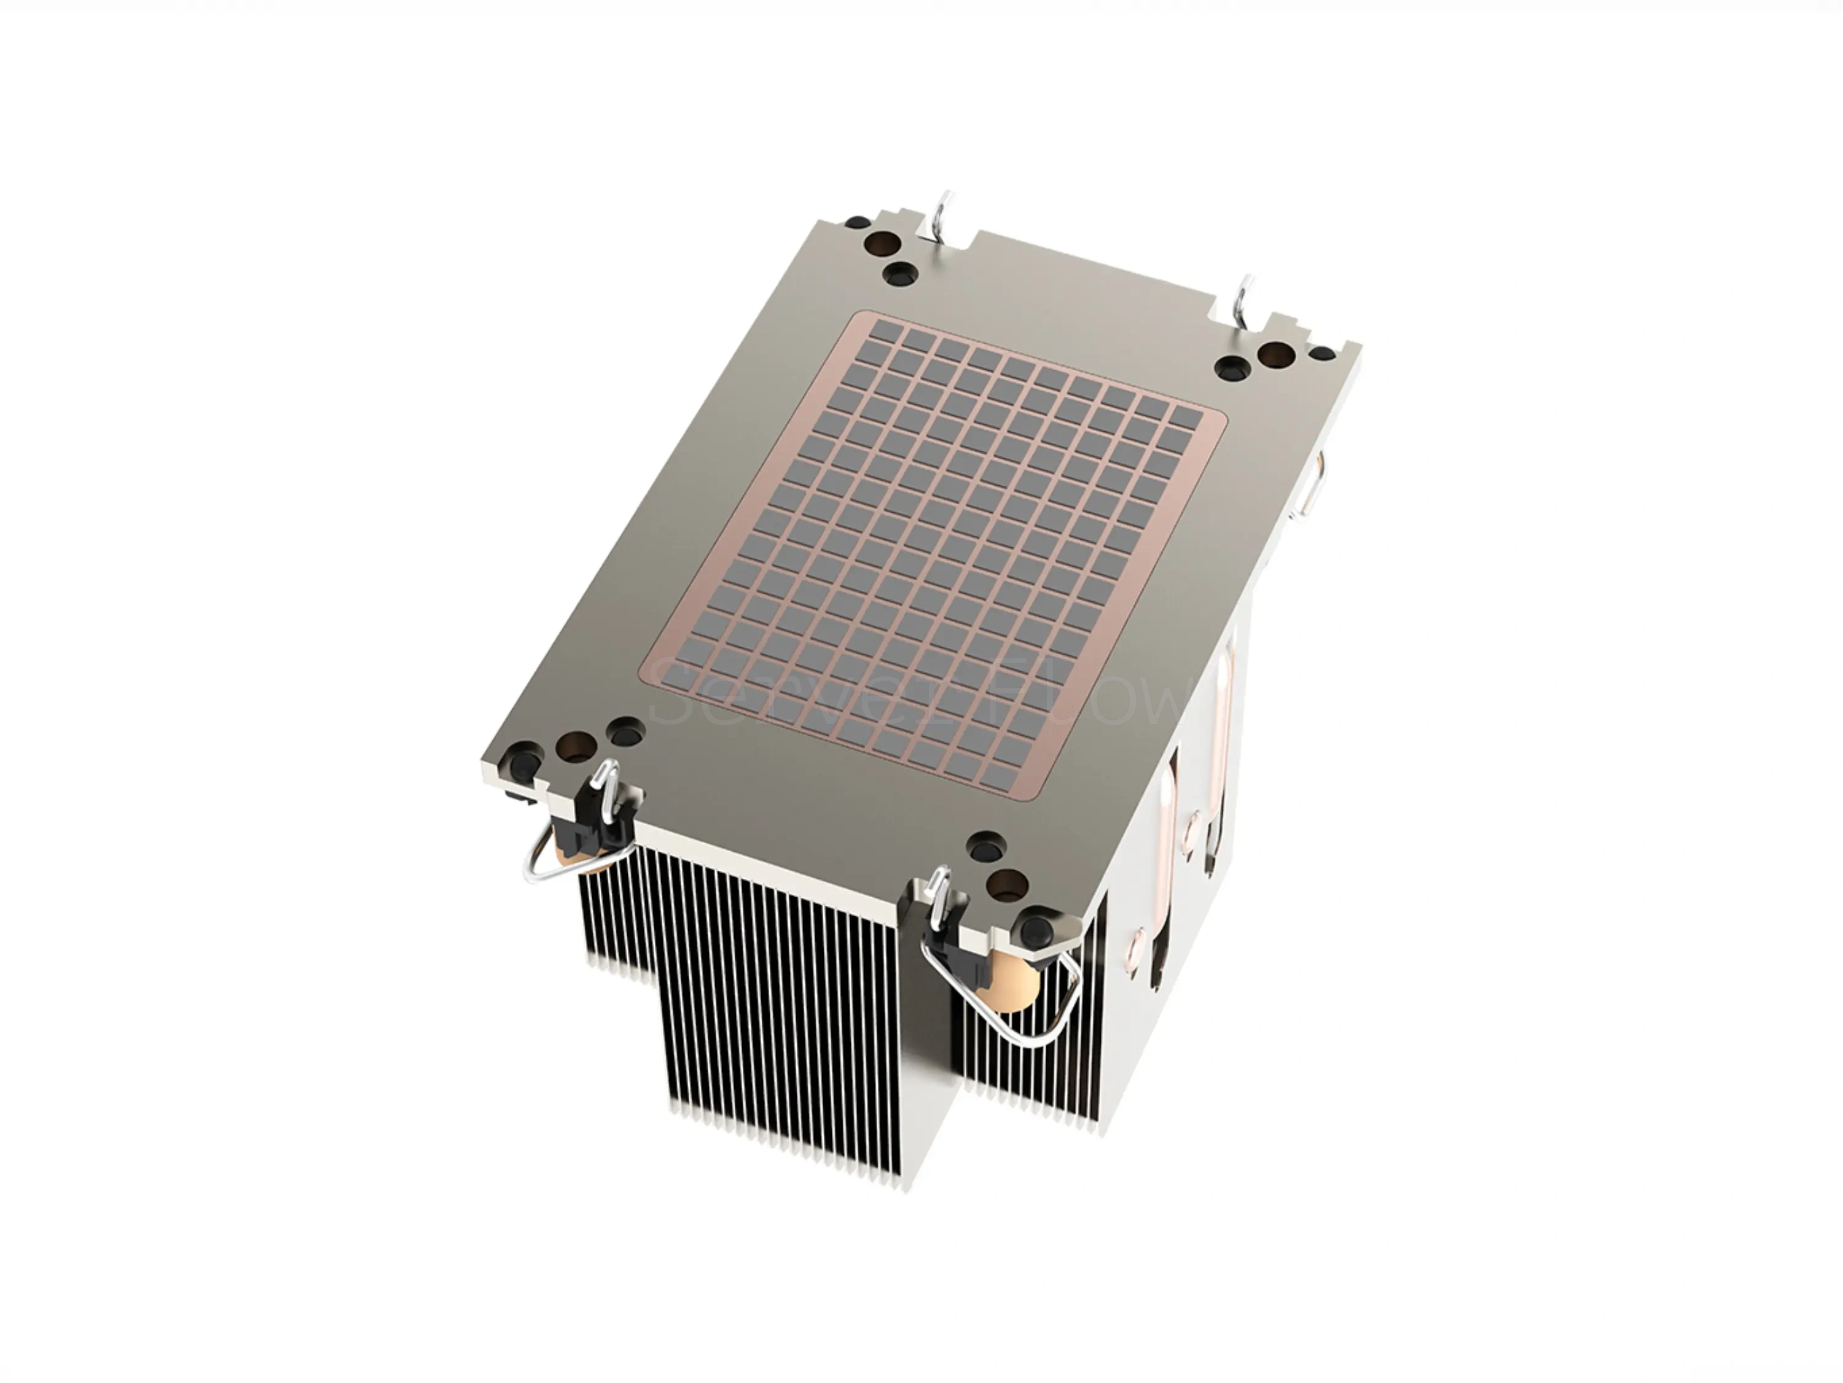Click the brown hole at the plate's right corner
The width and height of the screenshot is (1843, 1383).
(x=1275, y=357)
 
